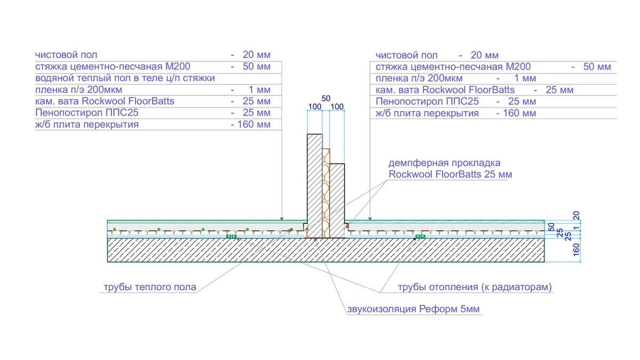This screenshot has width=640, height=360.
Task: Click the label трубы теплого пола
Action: click(x=150, y=287)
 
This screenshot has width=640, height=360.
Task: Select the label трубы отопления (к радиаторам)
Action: click(x=475, y=287)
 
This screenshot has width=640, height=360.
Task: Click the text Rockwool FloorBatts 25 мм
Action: click(x=451, y=174)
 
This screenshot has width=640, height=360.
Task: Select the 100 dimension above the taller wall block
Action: click(x=315, y=107)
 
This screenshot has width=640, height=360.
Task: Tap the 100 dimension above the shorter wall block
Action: click(x=337, y=107)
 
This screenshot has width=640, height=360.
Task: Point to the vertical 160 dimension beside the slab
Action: click(x=575, y=250)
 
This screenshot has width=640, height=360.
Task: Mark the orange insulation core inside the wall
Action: click(x=326, y=192)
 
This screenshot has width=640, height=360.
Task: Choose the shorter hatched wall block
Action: click(x=337, y=200)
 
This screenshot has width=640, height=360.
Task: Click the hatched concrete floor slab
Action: click(x=213, y=250)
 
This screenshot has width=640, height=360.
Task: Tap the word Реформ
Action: click(x=439, y=309)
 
